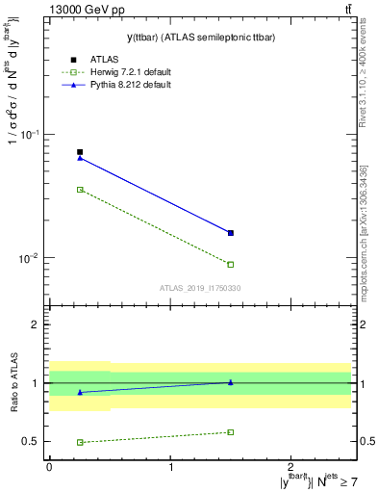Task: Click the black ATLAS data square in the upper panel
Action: [x=80, y=152]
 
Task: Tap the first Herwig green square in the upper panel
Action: [x=80, y=190]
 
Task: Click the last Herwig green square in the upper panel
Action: [x=231, y=264]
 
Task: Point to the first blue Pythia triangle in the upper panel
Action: [x=80, y=158]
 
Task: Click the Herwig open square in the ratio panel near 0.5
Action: [x=80, y=442]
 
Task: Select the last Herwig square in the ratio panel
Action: [x=231, y=432]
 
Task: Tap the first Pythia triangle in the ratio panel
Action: [x=80, y=392]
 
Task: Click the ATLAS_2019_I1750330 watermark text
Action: [x=200, y=288]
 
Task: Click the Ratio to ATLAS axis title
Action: [x=13, y=383]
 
